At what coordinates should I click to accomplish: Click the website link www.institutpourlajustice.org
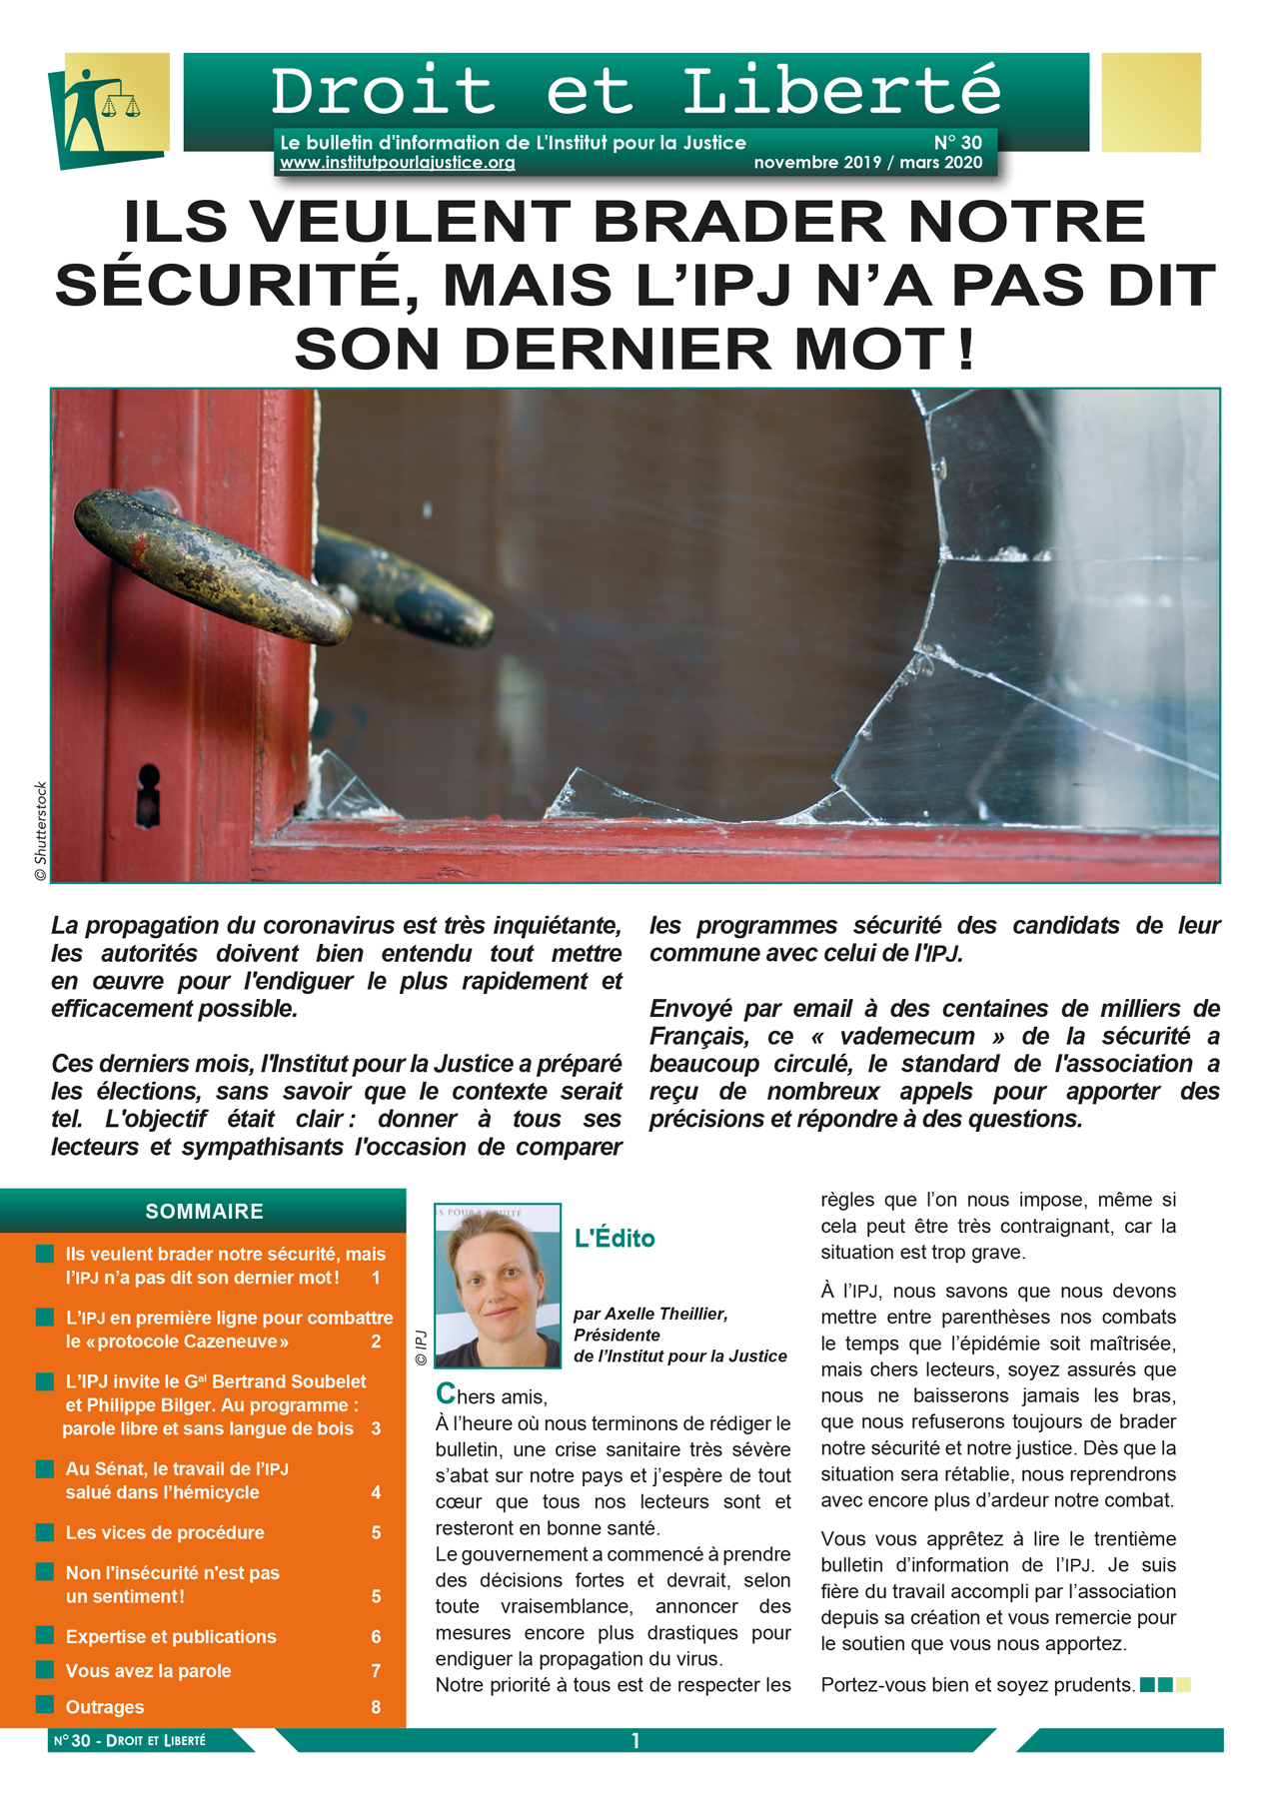pyautogui.click(x=397, y=163)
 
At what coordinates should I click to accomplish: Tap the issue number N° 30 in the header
pyautogui.click(x=957, y=143)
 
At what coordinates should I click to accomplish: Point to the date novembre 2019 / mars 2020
pyautogui.click(x=867, y=163)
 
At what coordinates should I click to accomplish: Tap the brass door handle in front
pyautogui.click(x=210, y=563)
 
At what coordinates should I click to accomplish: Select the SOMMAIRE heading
pyautogui.click(x=204, y=1212)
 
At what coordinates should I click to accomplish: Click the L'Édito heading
pyautogui.click(x=615, y=1239)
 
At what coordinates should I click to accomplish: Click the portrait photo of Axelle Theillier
pyautogui.click(x=497, y=1286)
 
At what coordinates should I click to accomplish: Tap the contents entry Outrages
pyautogui.click(x=105, y=1707)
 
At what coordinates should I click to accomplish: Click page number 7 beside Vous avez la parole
pyautogui.click(x=376, y=1671)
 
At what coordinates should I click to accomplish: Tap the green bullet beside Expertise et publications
pyautogui.click(x=45, y=1635)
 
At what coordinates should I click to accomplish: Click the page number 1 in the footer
pyautogui.click(x=635, y=1741)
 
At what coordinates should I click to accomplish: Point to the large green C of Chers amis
pyautogui.click(x=446, y=1393)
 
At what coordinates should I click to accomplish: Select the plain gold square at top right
pyautogui.click(x=1150, y=103)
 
